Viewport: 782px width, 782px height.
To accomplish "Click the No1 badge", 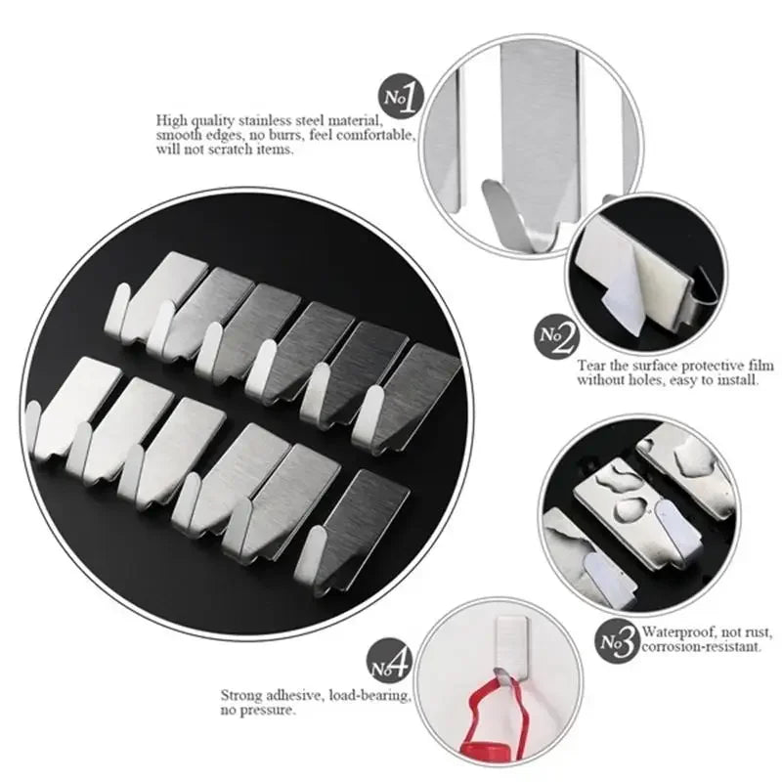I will click(x=401, y=96).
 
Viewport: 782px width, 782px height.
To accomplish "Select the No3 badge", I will click(x=618, y=641).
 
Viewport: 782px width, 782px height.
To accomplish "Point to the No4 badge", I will click(x=387, y=668).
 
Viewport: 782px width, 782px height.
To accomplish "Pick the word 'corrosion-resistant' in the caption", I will click(x=697, y=648).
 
